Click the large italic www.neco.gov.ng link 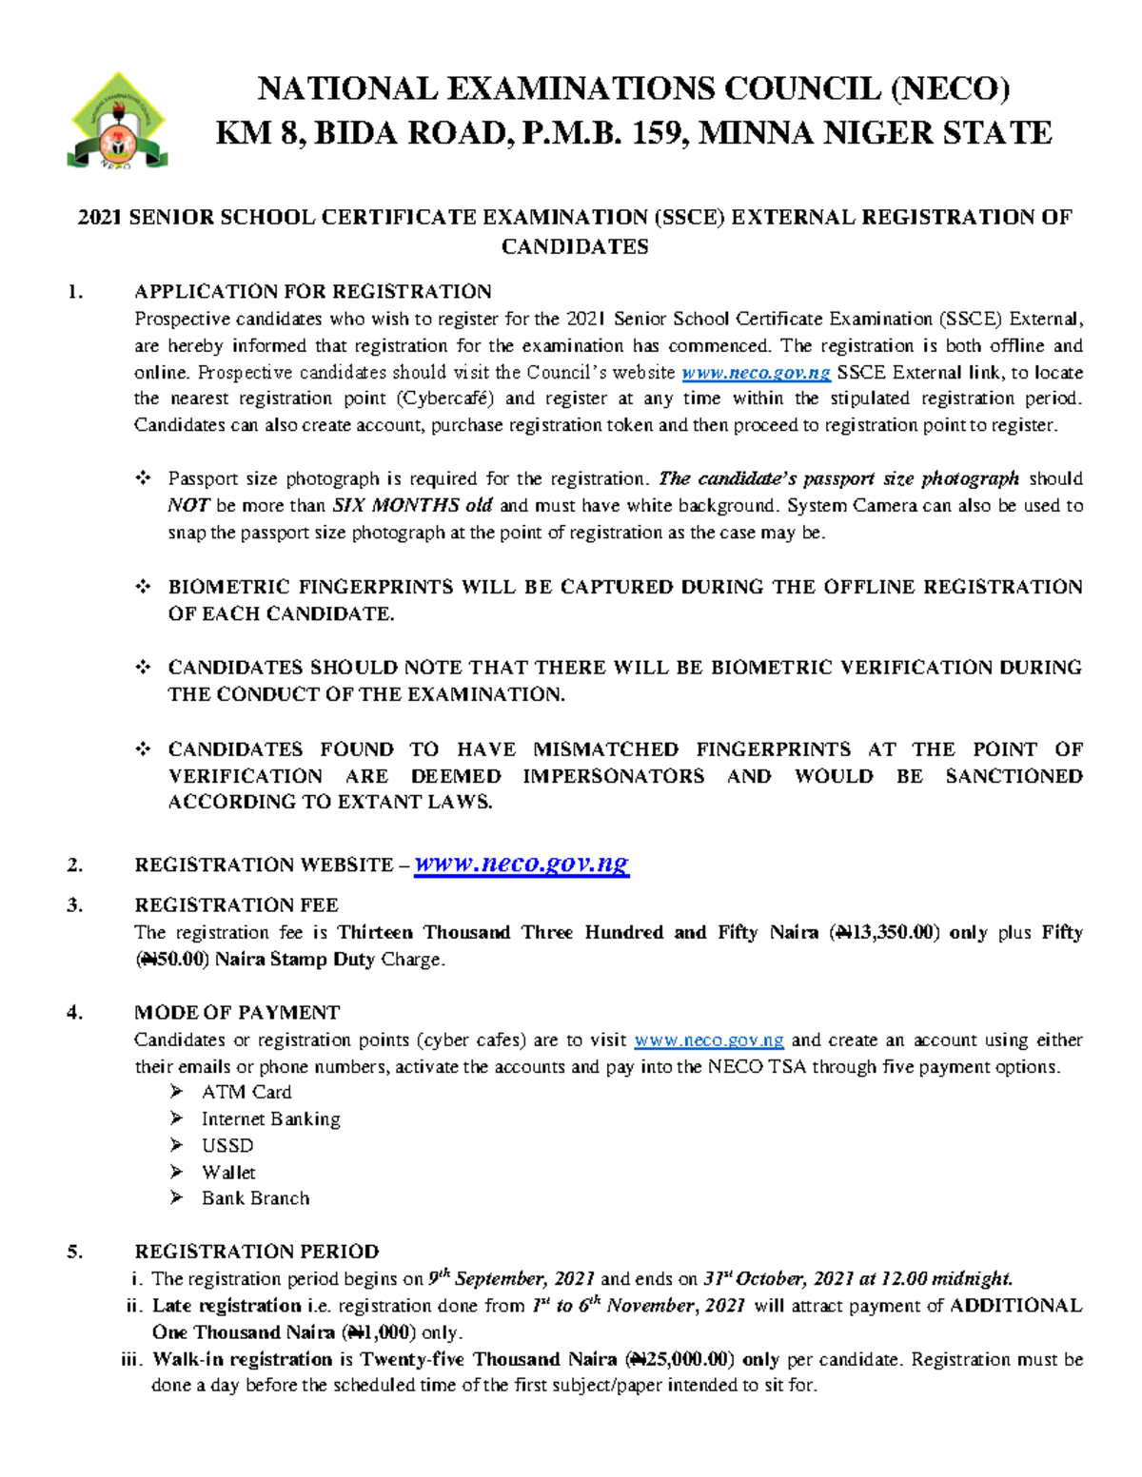[x=522, y=864]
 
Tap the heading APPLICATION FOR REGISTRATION [x=312, y=291]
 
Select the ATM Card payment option [x=246, y=1092]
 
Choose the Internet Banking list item [x=270, y=1118]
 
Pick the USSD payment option [x=227, y=1145]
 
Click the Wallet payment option [x=228, y=1172]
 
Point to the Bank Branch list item [x=255, y=1198]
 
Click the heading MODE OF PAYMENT [x=237, y=1012]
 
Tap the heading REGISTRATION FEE [x=236, y=904]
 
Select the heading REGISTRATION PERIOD [x=256, y=1252]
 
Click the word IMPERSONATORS [x=613, y=776]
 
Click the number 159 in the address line [x=659, y=132]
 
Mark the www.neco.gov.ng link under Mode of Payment [x=708, y=1040]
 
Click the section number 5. [x=74, y=1252]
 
